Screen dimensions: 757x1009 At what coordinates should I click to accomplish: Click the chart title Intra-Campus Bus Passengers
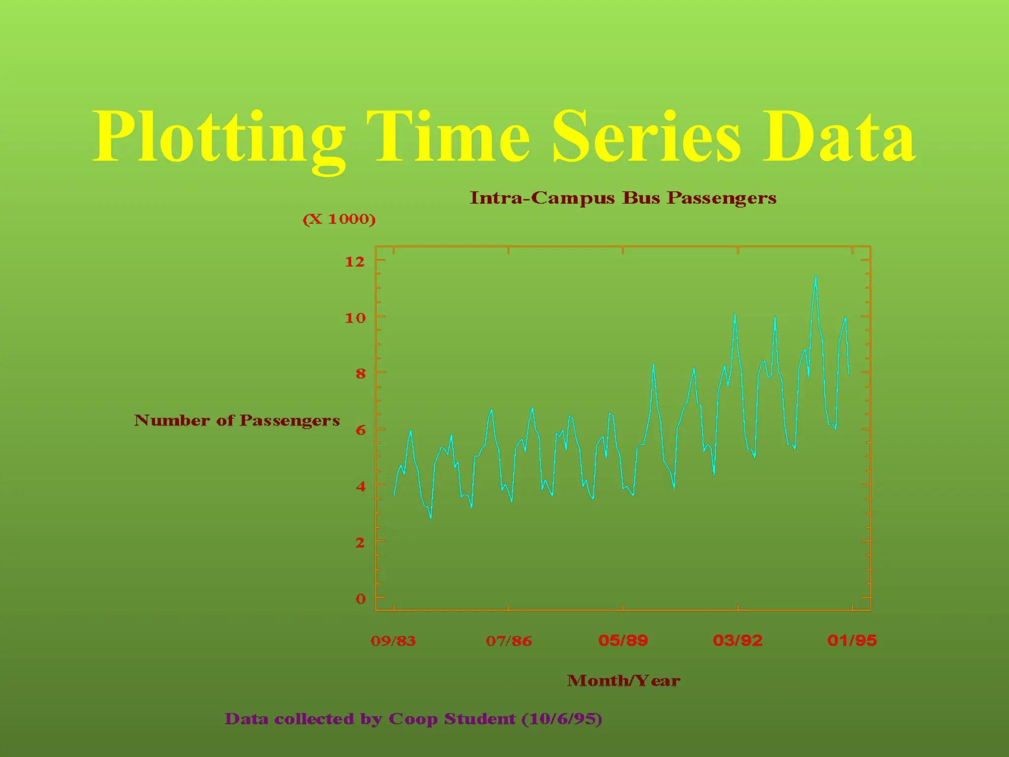[623, 198]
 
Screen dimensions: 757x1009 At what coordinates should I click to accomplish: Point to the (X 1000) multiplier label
[339, 219]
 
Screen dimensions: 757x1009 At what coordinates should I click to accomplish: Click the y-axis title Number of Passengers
[237, 420]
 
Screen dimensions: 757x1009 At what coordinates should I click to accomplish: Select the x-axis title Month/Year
[623, 681]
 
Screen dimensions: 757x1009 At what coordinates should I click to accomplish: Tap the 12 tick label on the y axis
[355, 262]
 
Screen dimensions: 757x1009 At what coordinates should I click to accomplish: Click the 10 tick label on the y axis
[355, 318]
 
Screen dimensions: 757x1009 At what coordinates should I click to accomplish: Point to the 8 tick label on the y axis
[361, 374]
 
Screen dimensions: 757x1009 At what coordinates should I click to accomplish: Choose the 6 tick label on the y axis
[361, 430]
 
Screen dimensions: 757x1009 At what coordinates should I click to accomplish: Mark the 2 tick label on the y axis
[361, 543]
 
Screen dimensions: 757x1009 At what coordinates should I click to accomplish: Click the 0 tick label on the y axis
[361, 599]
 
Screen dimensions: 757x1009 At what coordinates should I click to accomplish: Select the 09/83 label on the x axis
[393, 641]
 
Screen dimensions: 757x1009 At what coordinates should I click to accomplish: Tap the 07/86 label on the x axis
[508, 641]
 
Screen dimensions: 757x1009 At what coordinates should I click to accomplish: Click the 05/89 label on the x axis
[623, 641]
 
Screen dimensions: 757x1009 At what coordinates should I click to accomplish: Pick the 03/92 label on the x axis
[738, 641]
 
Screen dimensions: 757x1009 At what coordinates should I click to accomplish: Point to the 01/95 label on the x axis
[852, 641]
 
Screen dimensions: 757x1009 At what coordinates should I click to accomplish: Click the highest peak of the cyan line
[815, 276]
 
